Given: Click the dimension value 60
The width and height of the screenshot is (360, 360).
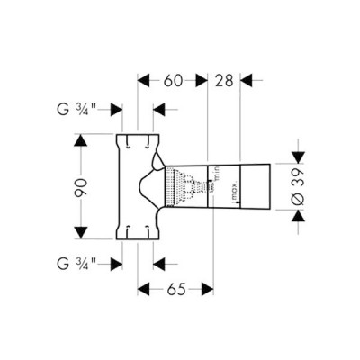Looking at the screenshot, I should pyautogui.click(x=173, y=80).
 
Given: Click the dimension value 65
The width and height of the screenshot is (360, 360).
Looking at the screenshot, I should pyautogui.click(x=175, y=290).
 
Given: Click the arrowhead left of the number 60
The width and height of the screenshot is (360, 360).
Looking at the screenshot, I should pyautogui.click(x=144, y=80).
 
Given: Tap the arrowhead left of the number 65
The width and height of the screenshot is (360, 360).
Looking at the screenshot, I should pyautogui.click(x=144, y=290).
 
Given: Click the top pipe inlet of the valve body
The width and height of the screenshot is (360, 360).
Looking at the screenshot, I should pyautogui.click(x=137, y=139).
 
